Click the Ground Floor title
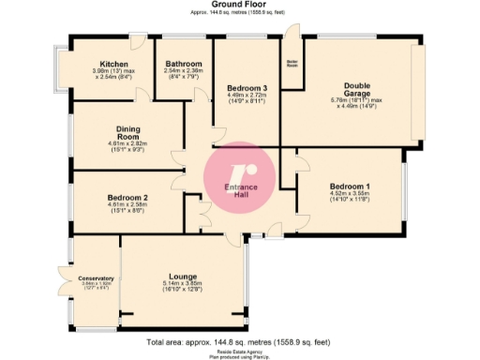[239, 6]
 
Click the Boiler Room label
[292, 65]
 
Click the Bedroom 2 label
[127, 197]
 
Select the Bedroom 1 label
[349, 187]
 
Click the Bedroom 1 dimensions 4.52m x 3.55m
[349, 194]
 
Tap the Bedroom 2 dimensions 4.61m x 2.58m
[127, 204]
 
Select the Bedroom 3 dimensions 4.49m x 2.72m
[246, 95]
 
